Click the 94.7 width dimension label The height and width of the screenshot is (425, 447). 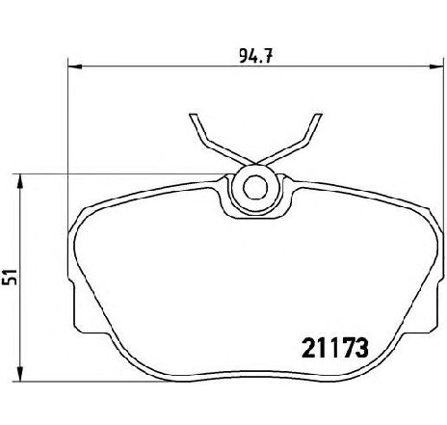[255, 57]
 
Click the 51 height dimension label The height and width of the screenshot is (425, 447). [10, 278]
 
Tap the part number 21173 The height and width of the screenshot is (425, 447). [334, 348]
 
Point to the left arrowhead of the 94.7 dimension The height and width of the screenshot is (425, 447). [76, 66]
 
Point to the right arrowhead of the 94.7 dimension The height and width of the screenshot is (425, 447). [436, 66]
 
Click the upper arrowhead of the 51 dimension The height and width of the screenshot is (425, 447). [20, 181]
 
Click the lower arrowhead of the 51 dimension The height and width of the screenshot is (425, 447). [20, 375]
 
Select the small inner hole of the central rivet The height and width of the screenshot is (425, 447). [255, 187]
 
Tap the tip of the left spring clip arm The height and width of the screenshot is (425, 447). [193, 115]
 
